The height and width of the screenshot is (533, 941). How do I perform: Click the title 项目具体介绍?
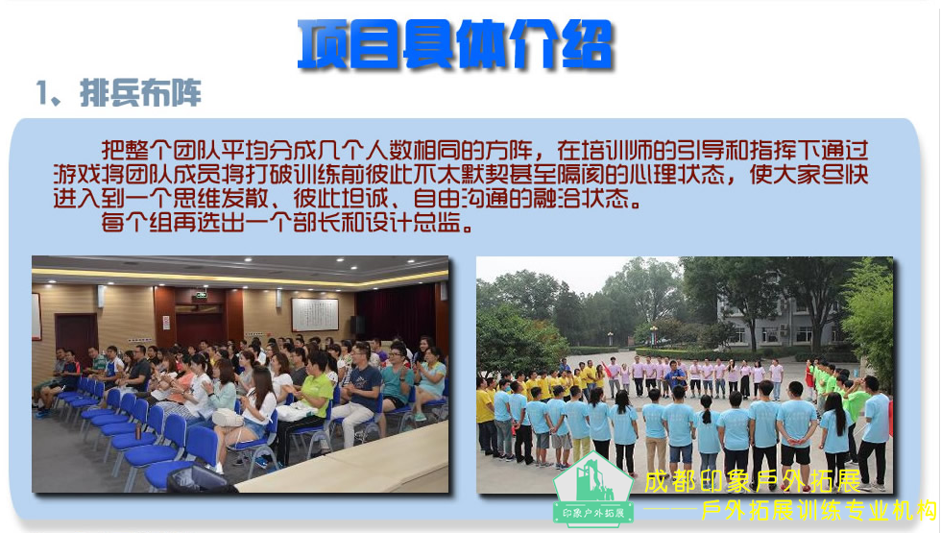click(455, 44)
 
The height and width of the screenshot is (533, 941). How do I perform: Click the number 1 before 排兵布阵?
click(42, 93)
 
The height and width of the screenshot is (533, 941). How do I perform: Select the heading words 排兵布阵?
click(140, 93)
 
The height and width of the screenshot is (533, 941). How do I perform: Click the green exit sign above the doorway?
click(201, 295)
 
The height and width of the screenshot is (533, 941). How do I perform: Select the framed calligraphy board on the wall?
click(315, 315)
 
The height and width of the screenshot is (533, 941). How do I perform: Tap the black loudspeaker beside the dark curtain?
click(357, 325)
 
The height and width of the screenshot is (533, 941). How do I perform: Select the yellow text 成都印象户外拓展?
click(753, 481)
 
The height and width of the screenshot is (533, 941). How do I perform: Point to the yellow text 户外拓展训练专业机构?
click(818, 511)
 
